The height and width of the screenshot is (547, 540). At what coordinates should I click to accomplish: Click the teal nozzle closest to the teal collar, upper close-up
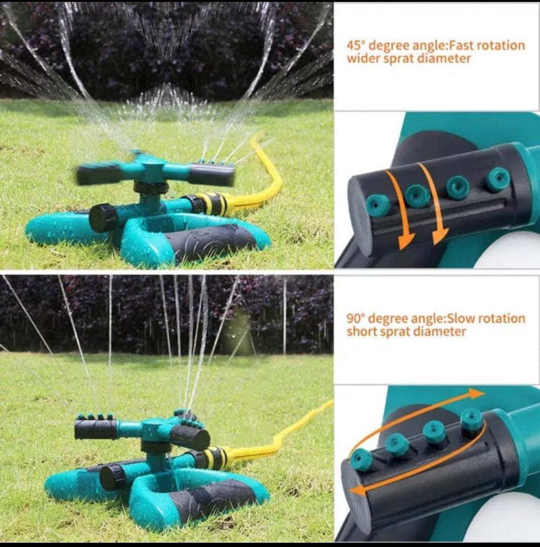click(499, 179)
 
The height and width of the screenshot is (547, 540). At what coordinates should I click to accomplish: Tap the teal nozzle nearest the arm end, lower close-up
click(361, 460)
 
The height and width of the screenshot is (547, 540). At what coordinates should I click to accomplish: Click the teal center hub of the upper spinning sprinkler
click(152, 166)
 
